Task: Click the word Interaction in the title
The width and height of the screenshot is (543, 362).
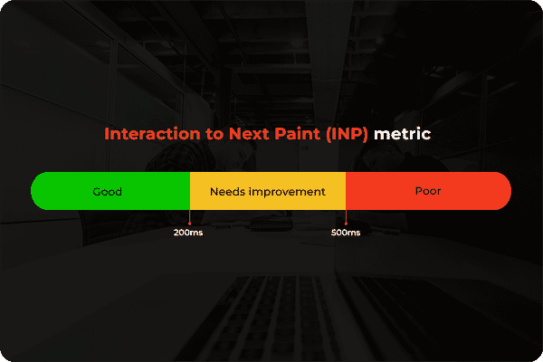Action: [148, 134]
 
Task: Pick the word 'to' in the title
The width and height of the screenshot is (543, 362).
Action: [205, 134]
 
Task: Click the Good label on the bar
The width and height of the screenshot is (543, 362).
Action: [107, 192]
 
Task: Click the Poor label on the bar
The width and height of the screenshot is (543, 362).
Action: [428, 192]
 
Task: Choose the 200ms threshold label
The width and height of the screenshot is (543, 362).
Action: [188, 233]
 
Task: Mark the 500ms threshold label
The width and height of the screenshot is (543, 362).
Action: [346, 233]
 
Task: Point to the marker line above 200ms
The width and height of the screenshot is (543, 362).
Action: [189, 217]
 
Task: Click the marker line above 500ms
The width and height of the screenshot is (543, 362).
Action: [346, 217]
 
